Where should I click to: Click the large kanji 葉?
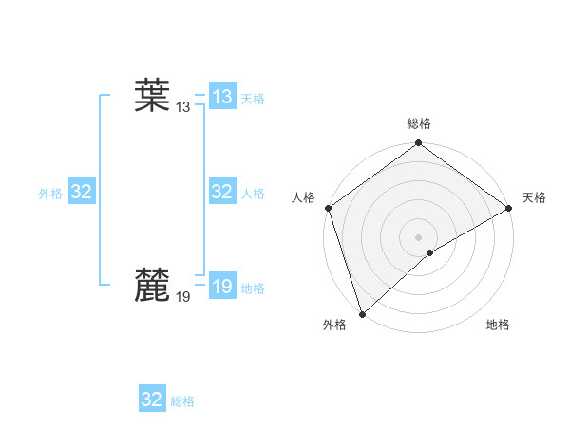pyautogui.click(x=152, y=96)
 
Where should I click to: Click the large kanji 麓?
pyautogui.click(x=152, y=285)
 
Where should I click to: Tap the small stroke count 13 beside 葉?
pyautogui.click(x=182, y=108)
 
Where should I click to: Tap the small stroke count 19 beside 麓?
pyautogui.click(x=182, y=297)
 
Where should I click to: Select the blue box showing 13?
pyautogui.click(x=221, y=97)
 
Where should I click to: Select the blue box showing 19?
pyautogui.click(x=221, y=286)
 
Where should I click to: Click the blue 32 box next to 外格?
pyautogui.click(x=81, y=192)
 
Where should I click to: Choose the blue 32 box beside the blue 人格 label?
pyautogui.click(x=221, y=192)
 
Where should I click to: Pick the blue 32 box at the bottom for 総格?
pyautogui.click(x=152, y=400)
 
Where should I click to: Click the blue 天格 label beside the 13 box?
pyautogui.click(x=253, y=99)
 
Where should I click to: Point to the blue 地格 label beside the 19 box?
pyautogui.click(x=253, y=288)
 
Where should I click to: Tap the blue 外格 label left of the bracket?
pyautogui.click(x=50, y=194)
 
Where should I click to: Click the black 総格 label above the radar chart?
pyautogui.click(x=418, y=123)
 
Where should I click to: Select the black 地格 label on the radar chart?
pyautogui.click(x=498, y=325)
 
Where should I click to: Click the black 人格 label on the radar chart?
pyautogui.click(x=303, y=196)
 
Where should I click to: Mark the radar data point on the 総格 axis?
pyautogui.click(x=418, y=144)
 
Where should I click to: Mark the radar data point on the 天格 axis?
pyautogui.click(x=508, y=208)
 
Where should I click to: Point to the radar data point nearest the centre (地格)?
pyautogui.click(x=430, y=252)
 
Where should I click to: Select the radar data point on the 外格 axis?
pyautogui.click(x=362, y=313)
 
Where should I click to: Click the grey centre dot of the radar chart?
pyautogui.click(x=418, y=237)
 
